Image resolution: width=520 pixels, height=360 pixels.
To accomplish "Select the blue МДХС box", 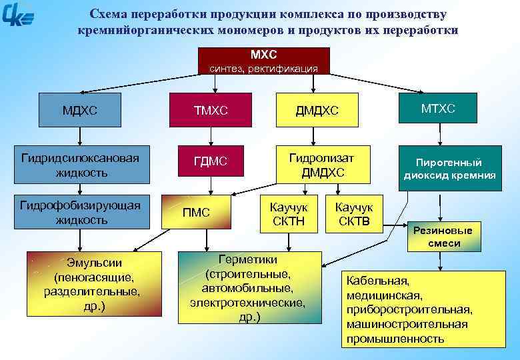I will click(x=80, y=111).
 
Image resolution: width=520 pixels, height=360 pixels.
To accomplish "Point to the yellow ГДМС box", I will click(x=210, y=162).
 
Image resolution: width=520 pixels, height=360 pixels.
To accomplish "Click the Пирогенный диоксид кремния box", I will click(x=449, y=169).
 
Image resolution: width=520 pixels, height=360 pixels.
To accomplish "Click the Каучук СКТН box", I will click(x=289, y=214).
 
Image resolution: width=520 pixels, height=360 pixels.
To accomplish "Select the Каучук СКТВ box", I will click(x=354, y=214).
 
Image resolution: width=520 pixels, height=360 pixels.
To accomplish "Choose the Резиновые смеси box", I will click(x=443, y=237).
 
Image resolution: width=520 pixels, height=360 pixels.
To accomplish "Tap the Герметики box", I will click(x=248, y=288).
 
